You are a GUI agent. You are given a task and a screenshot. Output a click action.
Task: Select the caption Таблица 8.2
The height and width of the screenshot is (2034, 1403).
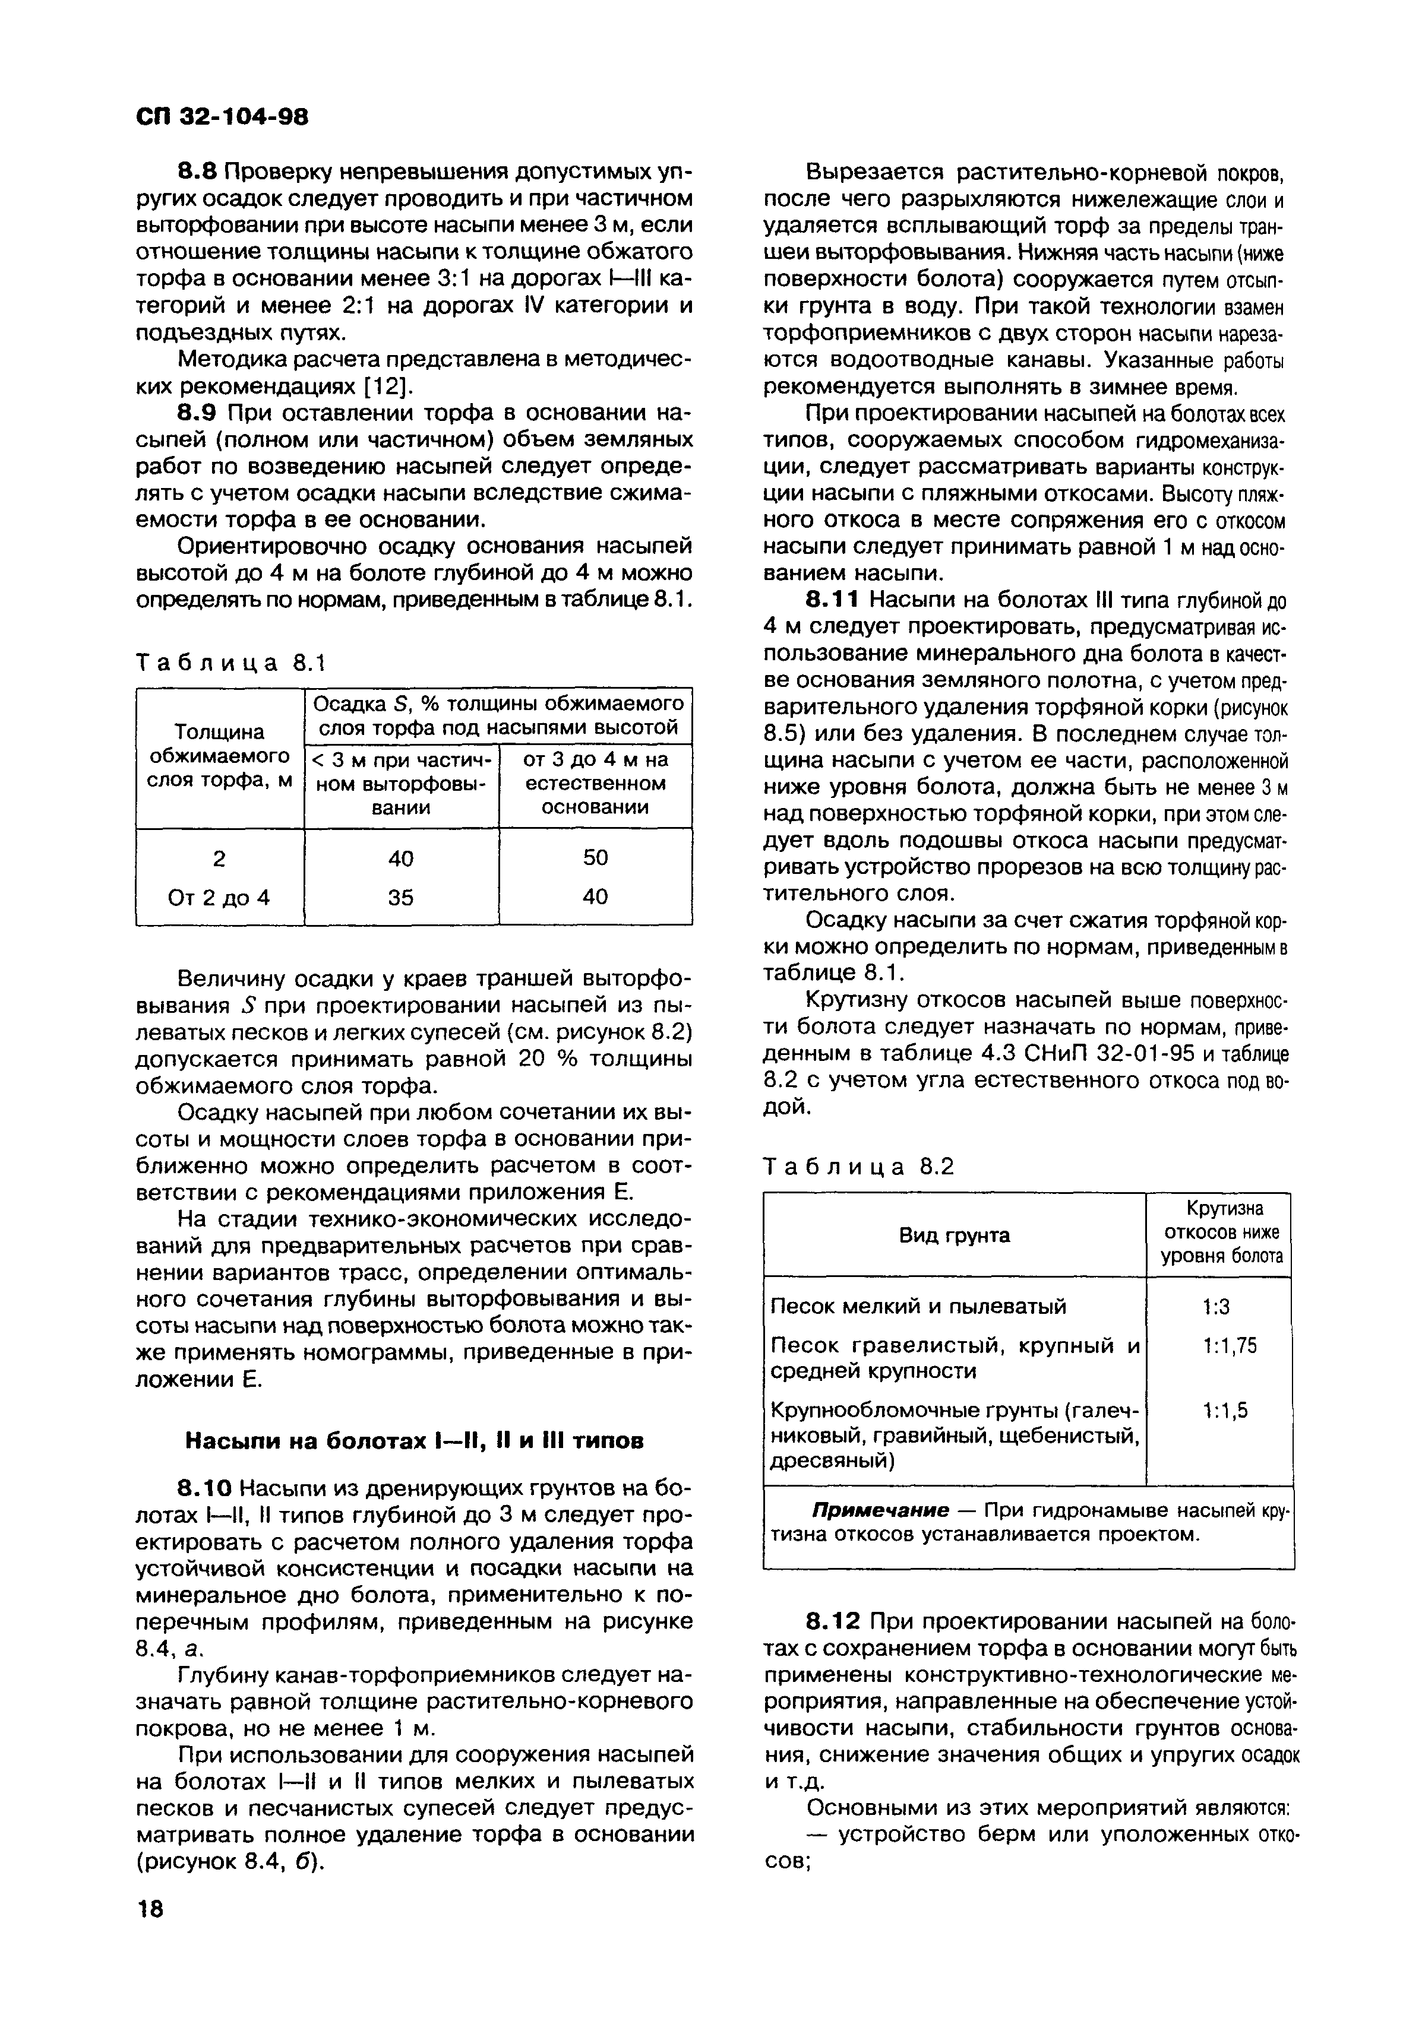click(x=859, y=1166)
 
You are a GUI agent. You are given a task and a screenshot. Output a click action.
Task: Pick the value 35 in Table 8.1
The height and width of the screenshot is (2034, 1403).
click(x=401, y=897)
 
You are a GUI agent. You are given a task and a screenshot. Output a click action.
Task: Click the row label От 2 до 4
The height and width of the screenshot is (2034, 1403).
click(x=219, y=897)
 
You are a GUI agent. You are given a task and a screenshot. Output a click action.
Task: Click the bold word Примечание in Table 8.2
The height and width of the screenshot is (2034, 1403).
click(x=880, y=1510)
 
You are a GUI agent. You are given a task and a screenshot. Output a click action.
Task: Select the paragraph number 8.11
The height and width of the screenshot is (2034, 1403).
click(x=829, y=600)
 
